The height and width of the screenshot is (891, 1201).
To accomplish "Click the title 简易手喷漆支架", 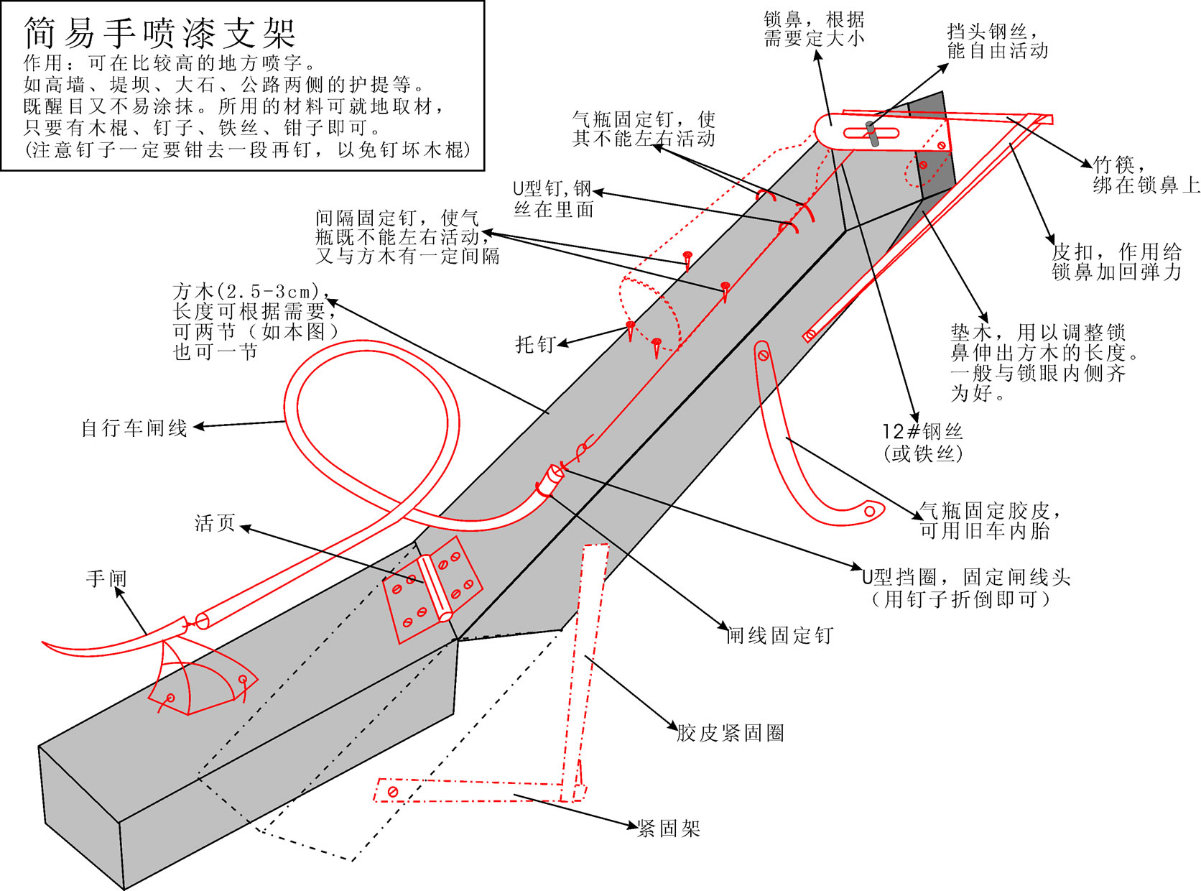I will [159, 33].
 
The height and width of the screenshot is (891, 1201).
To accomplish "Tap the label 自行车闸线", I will [134, 429].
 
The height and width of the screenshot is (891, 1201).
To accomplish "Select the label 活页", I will [215, 523].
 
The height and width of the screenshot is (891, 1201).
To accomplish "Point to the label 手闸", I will [106, 579].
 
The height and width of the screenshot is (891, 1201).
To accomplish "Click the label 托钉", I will [534, 345].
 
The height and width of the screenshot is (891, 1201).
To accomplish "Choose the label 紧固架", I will [669, 828].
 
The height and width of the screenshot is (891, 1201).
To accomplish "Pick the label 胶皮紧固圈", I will [730, 733].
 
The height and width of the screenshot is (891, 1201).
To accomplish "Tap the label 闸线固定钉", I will [780, 635].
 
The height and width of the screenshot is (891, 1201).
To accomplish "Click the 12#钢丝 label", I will [922, 432].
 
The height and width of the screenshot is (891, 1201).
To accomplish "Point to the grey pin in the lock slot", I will [872, 134].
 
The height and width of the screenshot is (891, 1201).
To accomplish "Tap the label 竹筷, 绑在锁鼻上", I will [1145, 175].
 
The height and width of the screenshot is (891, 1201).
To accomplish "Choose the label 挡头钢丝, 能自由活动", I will [997, 41].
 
